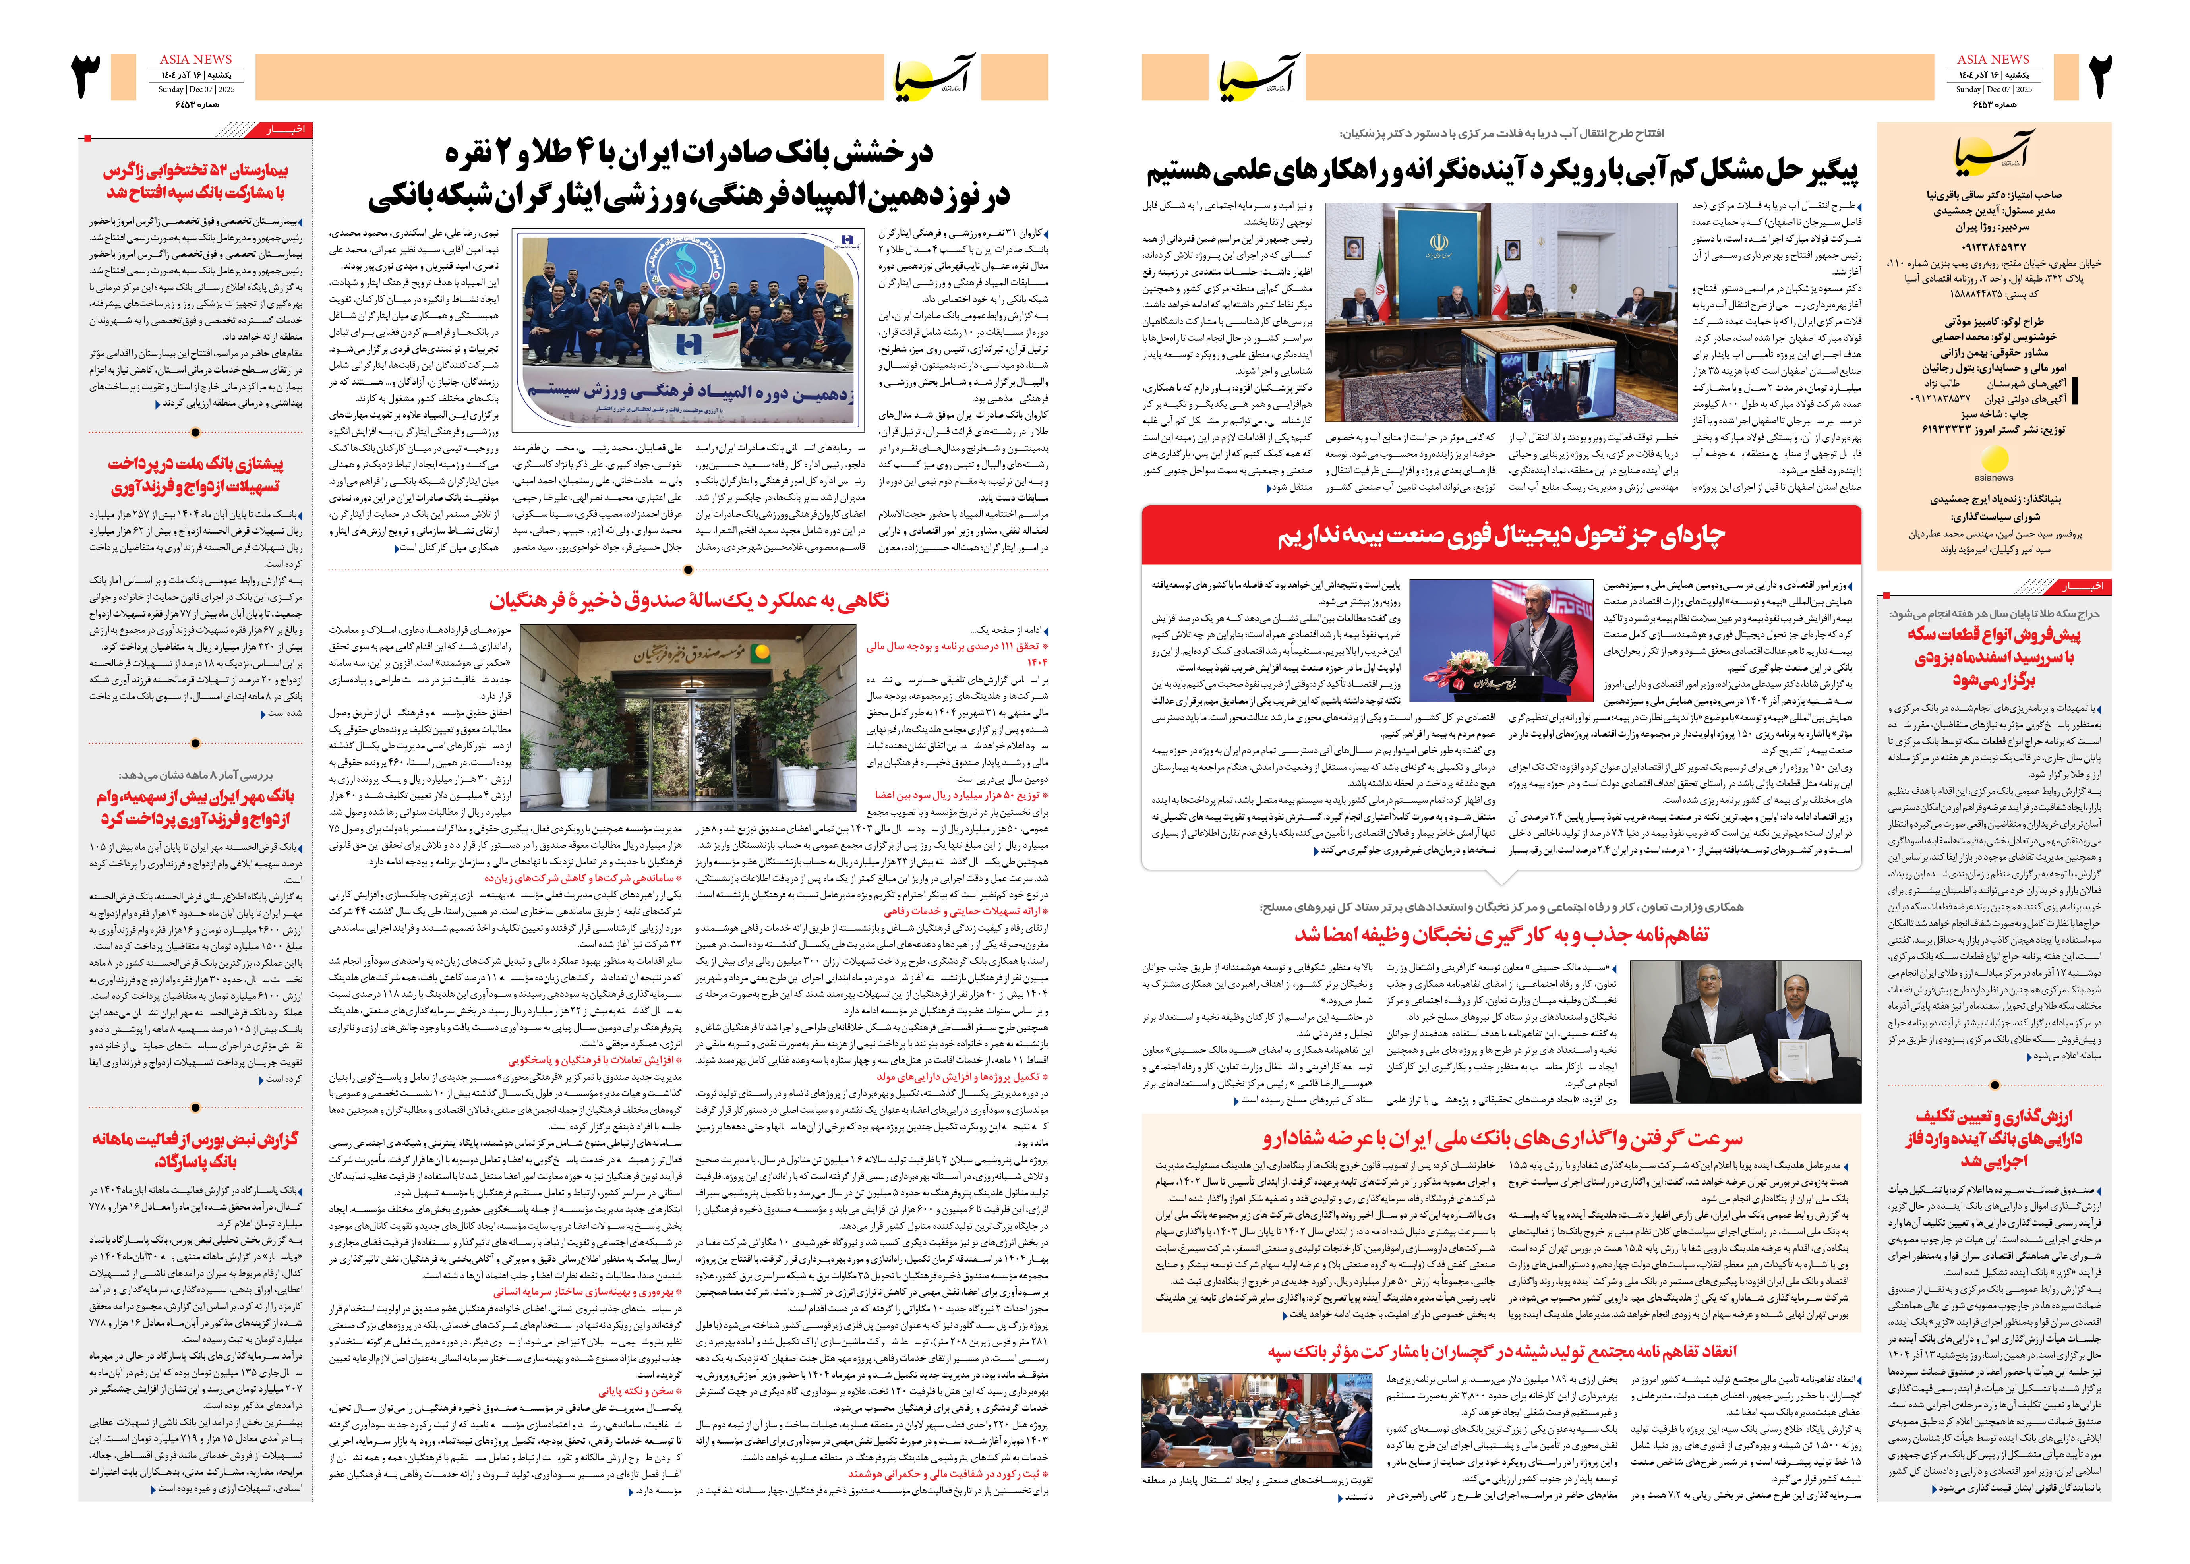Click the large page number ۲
click(2099, 77)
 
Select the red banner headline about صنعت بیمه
click(1500, 536)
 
